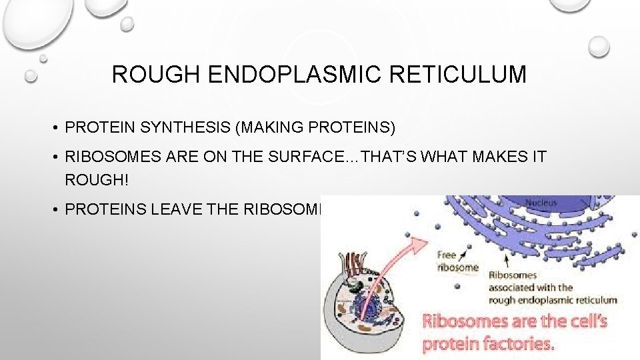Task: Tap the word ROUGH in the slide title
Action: point(157,75)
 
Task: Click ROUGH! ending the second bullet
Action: point(92,180)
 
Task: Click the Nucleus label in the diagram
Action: point(541,201)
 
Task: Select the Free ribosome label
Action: point(457,261)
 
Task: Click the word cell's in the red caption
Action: point(584,322)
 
